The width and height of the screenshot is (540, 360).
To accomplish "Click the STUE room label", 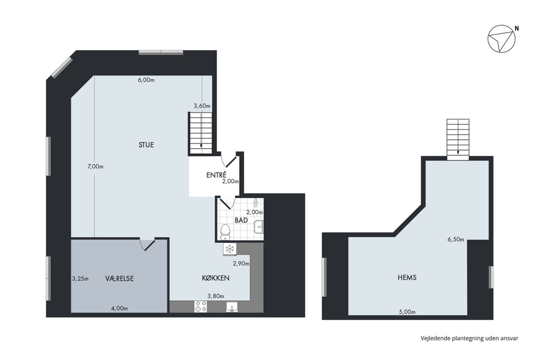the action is (x=146, y=145).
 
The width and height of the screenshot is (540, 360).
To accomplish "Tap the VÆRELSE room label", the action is (x=119, y=278).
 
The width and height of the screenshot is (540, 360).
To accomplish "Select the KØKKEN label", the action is (x=215, y=278).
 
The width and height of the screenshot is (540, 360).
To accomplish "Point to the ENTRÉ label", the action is (x=217, y=175).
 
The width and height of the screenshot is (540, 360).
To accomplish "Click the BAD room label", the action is (x=241, y=220).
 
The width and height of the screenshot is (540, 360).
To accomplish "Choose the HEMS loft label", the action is (x=407, y=277).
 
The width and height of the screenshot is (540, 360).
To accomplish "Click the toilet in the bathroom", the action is (x=225, y=232).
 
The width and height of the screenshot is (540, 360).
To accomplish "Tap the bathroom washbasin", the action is (x=259, y=227).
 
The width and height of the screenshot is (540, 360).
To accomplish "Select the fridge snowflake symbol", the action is (x=229, y=249).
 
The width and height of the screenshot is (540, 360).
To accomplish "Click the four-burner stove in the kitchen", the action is (x=201, y=307).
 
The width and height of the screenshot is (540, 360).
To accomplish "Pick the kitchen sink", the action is (x=232, y=307).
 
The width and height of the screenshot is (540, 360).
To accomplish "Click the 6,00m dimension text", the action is (x=146, y=80).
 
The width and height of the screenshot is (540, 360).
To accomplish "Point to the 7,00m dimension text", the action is (x=95, y=167).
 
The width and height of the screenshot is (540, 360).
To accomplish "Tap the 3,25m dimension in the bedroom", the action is (x=80, y=279).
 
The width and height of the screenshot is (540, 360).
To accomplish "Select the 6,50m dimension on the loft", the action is (x=456, y=240).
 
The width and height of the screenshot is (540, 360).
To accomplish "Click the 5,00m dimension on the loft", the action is (x=407, y=312).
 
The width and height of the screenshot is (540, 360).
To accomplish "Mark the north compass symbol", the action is (x=502, y=39).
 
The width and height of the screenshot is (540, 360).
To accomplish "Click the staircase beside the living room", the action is (x=202, y=133).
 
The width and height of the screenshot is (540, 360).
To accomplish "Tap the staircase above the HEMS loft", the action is (x=458, y=139).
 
